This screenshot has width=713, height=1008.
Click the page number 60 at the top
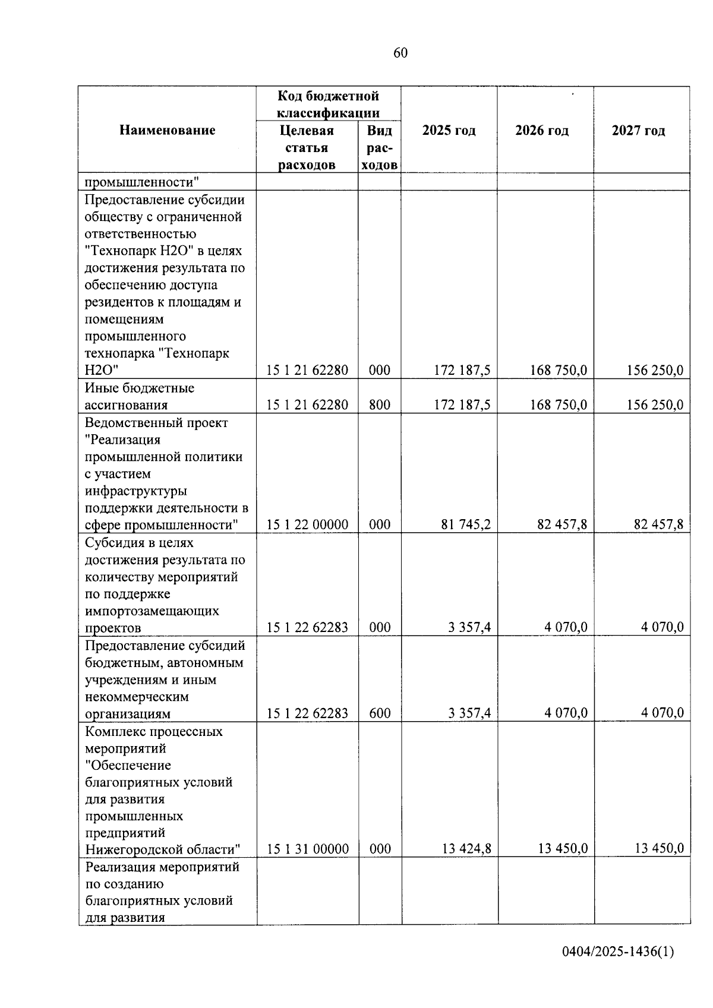click(x=400, y=53)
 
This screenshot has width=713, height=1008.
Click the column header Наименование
click(x=167, y=130)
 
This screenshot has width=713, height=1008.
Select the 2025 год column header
click(x=449, y=130)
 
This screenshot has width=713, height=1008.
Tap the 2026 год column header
click(x=542, y=130)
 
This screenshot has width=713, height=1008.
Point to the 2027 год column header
click(x=638, y=130)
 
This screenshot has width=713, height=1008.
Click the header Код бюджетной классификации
click(x=328, y=104)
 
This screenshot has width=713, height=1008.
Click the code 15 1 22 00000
click(x=307, y=524)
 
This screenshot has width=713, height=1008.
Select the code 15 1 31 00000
click(x=308, y=849)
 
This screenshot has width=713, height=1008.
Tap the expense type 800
click(x=380, y=405)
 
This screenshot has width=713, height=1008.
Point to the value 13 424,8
click(x=466, y=849)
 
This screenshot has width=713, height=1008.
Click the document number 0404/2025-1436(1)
click(x=618, y=952)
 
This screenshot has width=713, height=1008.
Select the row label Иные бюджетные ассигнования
click(x=140, y=397)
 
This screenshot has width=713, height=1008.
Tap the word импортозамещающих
click(x=152, y=611)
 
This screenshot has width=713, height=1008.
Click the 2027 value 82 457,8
click(x=659, y=524)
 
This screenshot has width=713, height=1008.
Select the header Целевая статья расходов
click(x=307, y=147)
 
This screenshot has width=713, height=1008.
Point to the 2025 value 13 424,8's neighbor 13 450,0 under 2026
click(x=563, y=849)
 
